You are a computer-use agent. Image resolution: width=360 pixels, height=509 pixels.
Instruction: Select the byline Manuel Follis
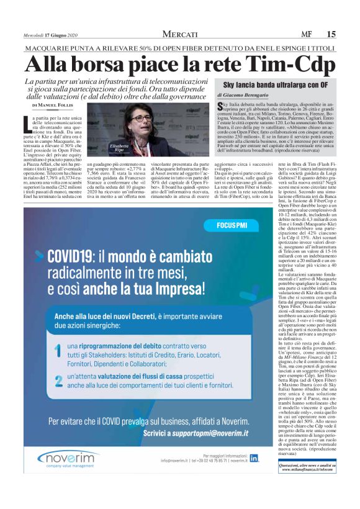(x=60, y=106)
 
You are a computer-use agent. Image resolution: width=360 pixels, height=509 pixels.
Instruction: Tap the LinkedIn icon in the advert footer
(x=254, y=458)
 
